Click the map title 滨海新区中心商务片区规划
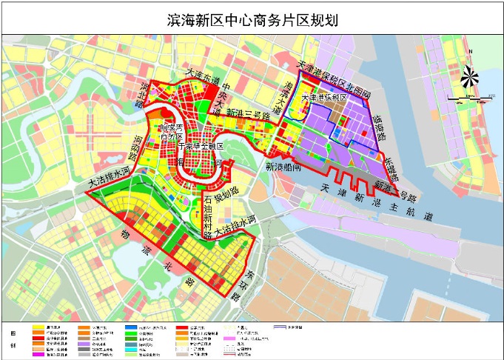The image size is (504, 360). (x=252, y=21)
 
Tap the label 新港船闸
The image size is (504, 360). (x=283, y=167)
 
